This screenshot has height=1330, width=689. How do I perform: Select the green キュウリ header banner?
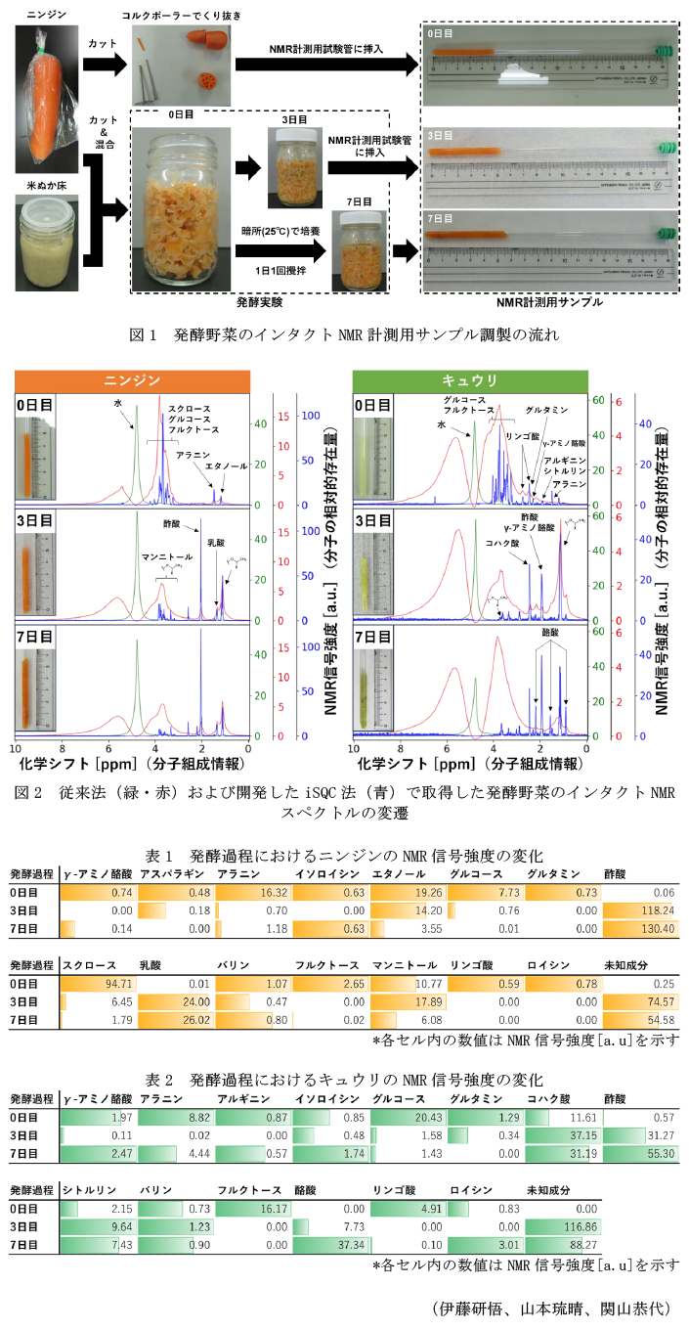[x=468, y=379]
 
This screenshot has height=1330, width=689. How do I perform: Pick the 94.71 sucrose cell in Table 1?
[x=98, y=983]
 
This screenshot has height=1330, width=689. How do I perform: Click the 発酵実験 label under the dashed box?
[x=267, y=301]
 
